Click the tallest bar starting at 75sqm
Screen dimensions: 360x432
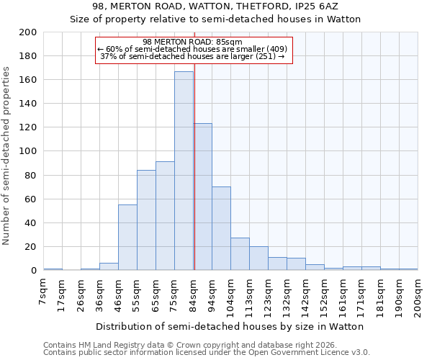(184, 171)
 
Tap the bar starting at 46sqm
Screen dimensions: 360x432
(127, 238)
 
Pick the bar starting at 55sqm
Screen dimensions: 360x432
(146, 220)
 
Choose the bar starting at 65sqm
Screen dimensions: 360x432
(165, 216)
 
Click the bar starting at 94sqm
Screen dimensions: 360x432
(221, 228)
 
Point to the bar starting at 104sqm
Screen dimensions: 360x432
(240, 254)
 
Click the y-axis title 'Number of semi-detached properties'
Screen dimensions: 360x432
(7, 155)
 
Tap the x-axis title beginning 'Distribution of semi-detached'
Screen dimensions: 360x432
(230, 326)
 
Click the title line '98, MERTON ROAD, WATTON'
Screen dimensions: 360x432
(215, 6)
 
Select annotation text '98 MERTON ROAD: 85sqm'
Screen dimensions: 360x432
(192, 42)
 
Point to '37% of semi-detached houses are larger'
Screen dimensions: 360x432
(192, 56)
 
